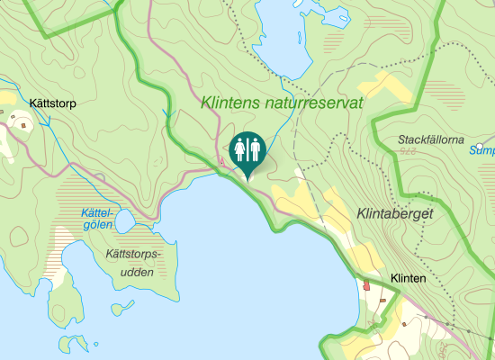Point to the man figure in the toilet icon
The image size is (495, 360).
coord(255,149)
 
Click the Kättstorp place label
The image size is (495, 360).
coord(53,103)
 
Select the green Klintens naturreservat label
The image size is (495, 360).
coord(283,103)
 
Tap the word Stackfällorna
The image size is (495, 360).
coord(430,140)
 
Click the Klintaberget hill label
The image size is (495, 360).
coord(395,214)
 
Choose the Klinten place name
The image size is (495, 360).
coord(408,279)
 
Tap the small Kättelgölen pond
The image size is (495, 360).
coord(124,220)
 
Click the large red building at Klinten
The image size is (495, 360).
coord(367,286)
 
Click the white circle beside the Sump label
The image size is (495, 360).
coord(481,147)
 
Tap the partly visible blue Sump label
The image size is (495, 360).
coord(483,152)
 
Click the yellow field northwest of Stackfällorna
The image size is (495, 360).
coord(386,87)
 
